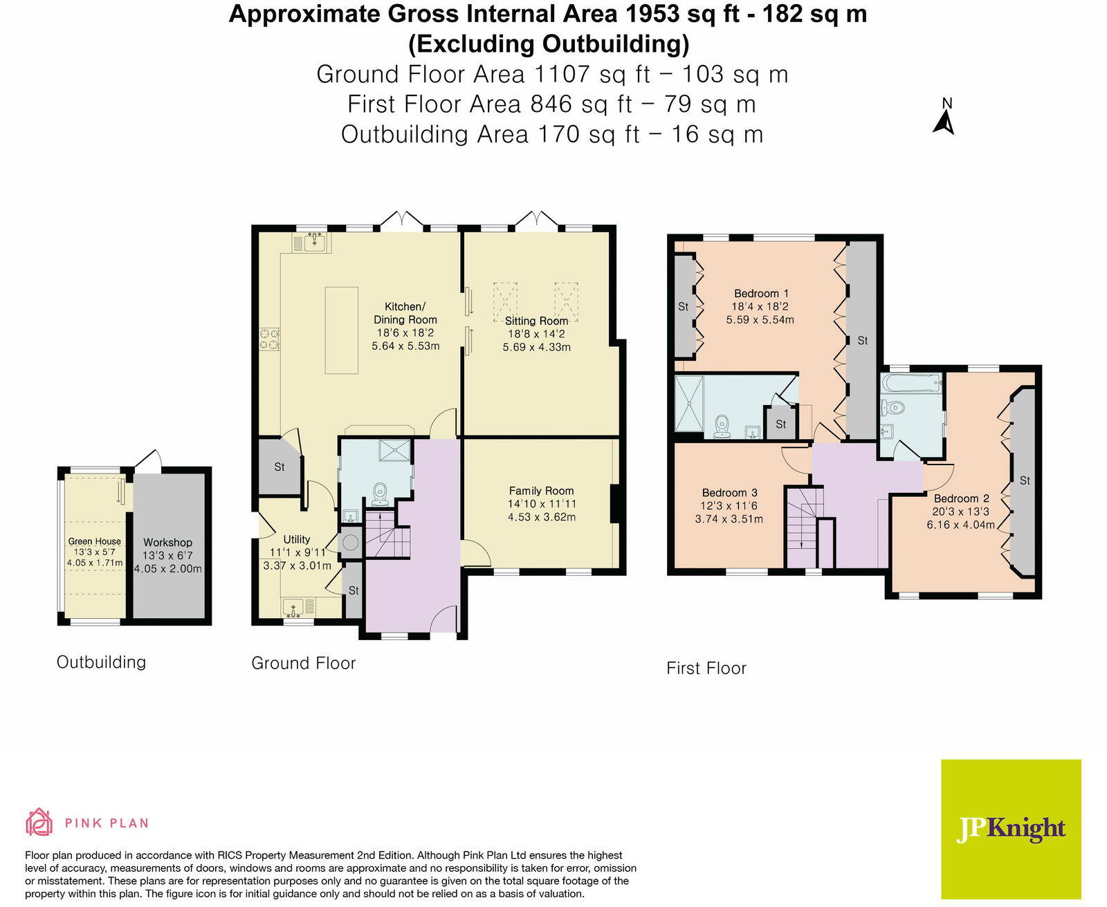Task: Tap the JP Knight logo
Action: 1011,829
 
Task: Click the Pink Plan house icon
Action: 39,822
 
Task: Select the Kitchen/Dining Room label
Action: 405,313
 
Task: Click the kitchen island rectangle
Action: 342,330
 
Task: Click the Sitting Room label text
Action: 536,321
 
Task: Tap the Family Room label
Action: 541,491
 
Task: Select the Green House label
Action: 94,541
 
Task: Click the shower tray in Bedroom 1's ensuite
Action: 689,402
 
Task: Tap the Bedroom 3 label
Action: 729,493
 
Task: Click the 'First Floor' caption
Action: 706,668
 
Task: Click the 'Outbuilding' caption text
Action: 101,662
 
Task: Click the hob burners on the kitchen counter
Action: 269,339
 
